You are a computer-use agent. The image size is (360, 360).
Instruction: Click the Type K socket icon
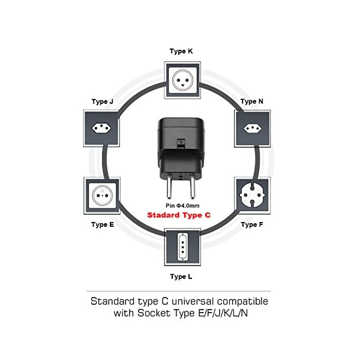[x=181, y=78]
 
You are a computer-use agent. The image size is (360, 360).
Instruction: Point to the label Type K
[x=181, y=52]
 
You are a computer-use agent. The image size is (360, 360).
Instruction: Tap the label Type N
[x=251, y=102]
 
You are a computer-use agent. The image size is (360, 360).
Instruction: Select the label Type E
[x=103, y=224]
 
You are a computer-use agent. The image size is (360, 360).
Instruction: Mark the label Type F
[x=252, y=224]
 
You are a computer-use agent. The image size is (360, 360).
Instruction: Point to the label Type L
[x=181, y=277]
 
